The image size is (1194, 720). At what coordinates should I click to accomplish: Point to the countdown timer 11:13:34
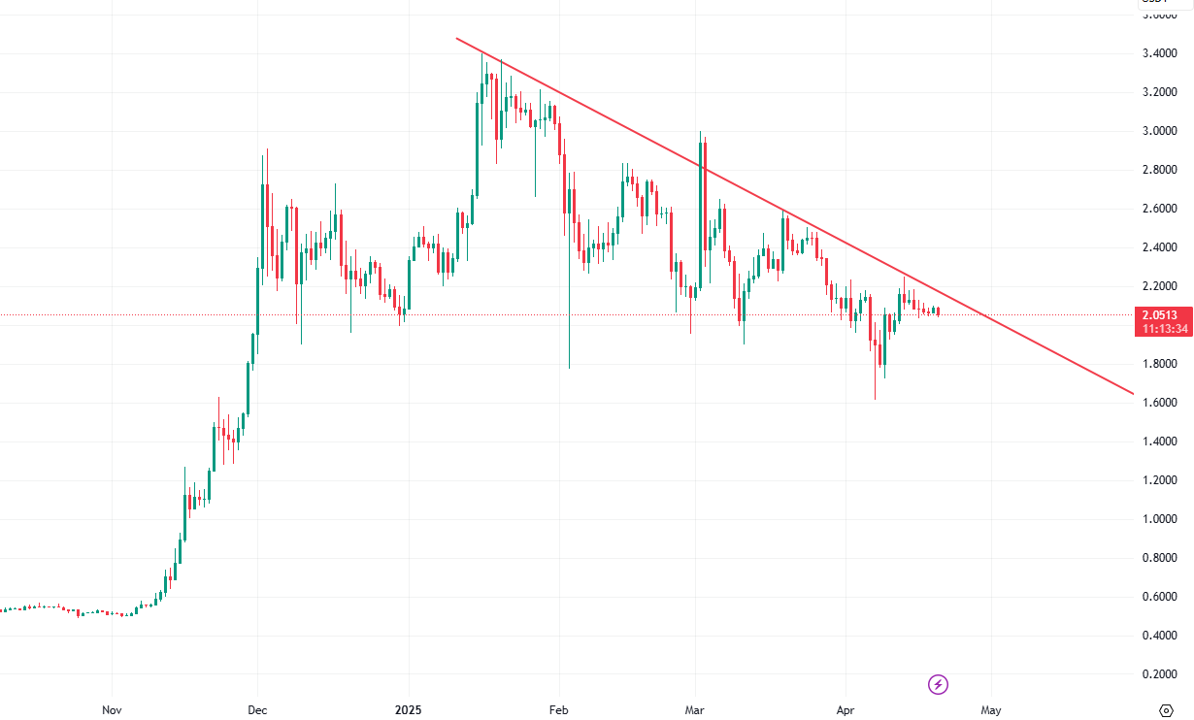1162,329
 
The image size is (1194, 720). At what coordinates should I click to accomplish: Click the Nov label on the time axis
113,710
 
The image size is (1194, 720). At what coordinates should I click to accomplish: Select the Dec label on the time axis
257,710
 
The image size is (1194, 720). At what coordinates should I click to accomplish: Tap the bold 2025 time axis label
409,710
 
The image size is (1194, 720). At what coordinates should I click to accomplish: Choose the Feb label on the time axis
557,710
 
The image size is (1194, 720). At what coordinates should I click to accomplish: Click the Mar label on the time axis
695,710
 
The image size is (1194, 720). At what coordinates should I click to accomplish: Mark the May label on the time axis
990,710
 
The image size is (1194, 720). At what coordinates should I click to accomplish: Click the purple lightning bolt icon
939,685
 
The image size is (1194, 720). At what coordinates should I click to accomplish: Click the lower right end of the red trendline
1132,393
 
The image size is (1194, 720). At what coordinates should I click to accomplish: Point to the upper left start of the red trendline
457,39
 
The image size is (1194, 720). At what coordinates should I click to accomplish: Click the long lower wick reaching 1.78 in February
569,330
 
